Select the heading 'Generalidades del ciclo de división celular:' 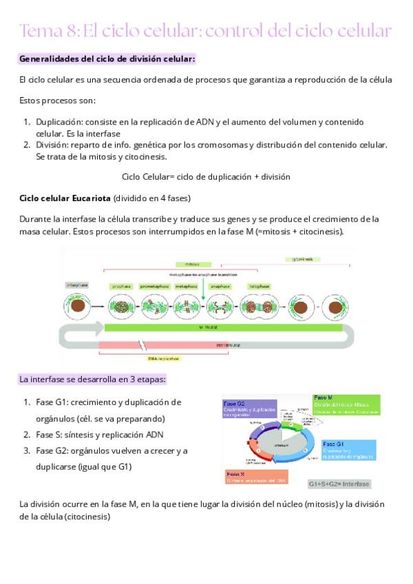107,59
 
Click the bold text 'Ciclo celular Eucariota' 65,198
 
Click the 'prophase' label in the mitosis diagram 121,286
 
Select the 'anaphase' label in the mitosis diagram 220,286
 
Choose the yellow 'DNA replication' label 164,358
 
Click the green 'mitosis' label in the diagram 191,264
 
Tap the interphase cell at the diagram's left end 78,303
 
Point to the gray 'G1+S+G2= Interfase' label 339,483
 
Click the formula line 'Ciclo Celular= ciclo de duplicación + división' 206,176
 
